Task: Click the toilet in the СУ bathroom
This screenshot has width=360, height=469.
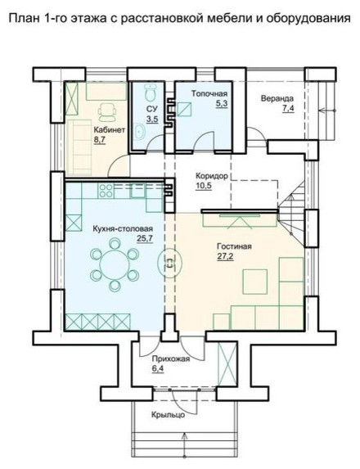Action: (149, 92)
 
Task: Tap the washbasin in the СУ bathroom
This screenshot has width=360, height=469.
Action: (139, 131)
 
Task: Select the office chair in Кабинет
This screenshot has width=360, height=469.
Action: (106, 112)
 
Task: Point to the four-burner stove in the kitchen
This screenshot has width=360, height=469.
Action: (106, 191)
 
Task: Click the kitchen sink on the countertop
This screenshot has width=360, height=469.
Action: (137, 191)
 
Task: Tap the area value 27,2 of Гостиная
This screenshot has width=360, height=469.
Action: (225, 256)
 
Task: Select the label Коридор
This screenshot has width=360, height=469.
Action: (212, 176)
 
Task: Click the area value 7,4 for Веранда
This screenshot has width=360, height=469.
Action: (288, 108)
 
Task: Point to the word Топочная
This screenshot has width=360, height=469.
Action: (209, 93)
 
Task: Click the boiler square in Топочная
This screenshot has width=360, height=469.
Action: (184, 109)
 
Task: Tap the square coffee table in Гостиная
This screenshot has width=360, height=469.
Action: (254, 282)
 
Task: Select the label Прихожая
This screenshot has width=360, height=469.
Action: (171, 359)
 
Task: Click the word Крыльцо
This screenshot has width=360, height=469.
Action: (168, 415)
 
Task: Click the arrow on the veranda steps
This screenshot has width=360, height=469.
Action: (327, 110)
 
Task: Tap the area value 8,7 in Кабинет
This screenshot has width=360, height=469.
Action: (100, 140)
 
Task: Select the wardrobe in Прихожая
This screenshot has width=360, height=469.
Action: (227, 363)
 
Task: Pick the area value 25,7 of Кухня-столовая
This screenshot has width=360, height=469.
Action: (145, 239)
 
